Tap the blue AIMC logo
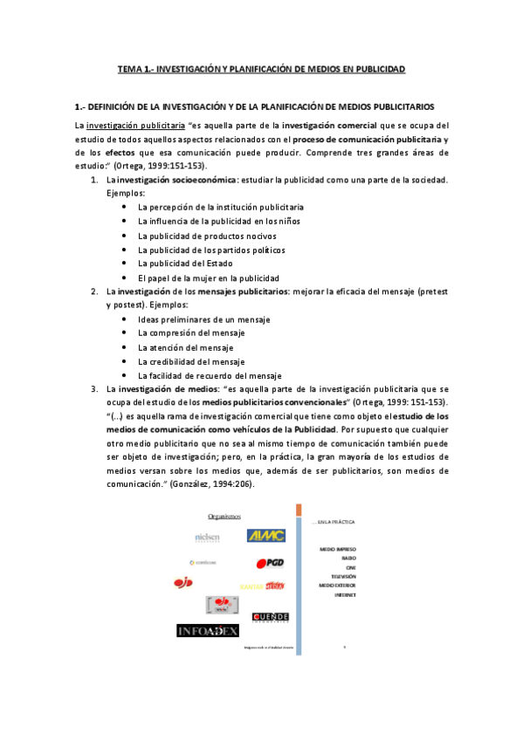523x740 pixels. pyautogui.click(x=265, y=535)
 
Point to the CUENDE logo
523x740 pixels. pyautogui.click(x=270, y=618)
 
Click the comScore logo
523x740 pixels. pyautogui.click(x=203, y=563)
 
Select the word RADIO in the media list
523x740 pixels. pyautogui.click(x=348, y=557)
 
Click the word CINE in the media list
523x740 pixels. pyautogui.click(x=352, y=566)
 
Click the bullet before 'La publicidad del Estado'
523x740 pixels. pyautogui.click(x=127, y=264)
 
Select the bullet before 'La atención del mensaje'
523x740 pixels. pyautogui.click(x=127, y=347)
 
